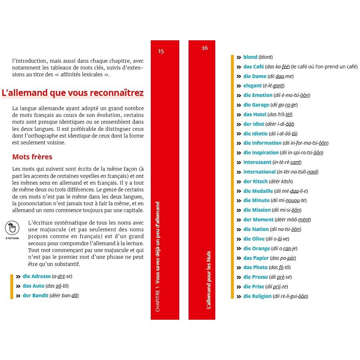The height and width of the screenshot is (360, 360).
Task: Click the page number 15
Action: (161, 51)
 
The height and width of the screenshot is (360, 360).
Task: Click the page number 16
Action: (205, 48)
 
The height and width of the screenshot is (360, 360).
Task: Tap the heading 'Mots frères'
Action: (32, 157)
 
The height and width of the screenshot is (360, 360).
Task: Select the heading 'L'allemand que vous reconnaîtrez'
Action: (73, 93)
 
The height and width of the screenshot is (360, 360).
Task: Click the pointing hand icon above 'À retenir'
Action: (12, 227)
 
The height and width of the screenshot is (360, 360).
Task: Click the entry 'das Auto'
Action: (34, 286)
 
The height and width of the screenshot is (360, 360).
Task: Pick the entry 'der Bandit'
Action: (35, 295)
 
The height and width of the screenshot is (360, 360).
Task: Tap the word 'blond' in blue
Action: (250, 57)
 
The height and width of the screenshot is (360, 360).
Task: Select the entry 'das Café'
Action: (253, 67)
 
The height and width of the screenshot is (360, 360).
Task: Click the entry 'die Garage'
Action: (256, 105)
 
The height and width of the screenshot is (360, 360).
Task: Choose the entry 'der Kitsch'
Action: (255, 181)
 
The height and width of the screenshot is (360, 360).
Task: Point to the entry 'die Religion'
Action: (257, 296)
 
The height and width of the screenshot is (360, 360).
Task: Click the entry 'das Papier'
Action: (256, 258)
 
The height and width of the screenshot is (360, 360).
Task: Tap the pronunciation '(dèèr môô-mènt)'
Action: (293, 220)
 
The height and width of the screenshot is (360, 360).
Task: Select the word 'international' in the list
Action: (259, 172)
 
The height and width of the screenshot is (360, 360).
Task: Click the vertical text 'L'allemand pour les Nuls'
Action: (209, 279)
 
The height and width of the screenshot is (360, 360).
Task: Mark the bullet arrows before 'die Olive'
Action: (239, 239)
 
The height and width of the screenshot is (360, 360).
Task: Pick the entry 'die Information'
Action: (262, 143)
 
